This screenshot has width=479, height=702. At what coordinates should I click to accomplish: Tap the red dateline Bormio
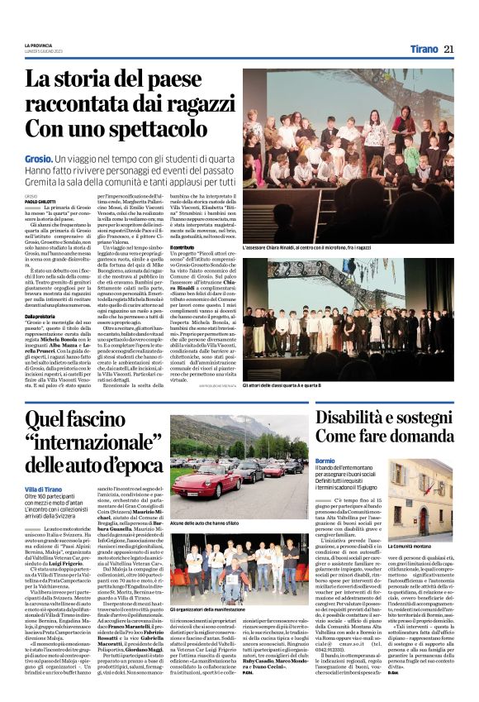pos(325,460)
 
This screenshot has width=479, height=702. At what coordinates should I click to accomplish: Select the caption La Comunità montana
pos(411,547)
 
